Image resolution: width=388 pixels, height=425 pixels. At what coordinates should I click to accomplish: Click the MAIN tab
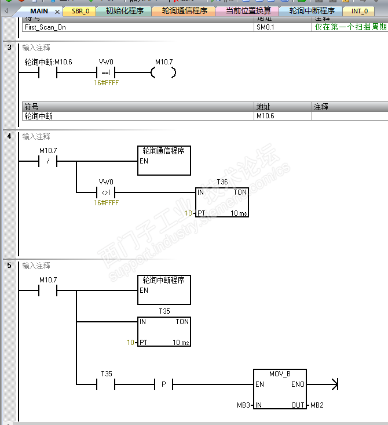point(39,11)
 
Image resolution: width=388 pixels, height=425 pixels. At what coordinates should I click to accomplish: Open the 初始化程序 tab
point(124,11)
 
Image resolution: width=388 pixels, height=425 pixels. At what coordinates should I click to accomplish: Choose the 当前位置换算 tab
point(247,11)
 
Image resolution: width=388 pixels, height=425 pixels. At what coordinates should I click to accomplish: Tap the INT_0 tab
point(359,11)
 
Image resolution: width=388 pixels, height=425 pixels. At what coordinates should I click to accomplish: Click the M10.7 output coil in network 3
point(163,72)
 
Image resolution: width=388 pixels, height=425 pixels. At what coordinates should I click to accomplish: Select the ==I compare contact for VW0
point(106,72)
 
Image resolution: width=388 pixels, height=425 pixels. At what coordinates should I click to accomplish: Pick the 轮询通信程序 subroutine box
point(164,160)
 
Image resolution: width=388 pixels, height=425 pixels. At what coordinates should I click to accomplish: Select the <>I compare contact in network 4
point(106,192)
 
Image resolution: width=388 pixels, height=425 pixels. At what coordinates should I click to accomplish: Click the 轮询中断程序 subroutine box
point(164,289)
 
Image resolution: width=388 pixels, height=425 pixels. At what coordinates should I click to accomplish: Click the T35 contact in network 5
point(106,384)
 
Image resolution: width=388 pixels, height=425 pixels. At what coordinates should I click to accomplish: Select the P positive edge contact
point(164,384)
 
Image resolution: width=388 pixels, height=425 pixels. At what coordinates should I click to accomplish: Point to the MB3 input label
point(245,405)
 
